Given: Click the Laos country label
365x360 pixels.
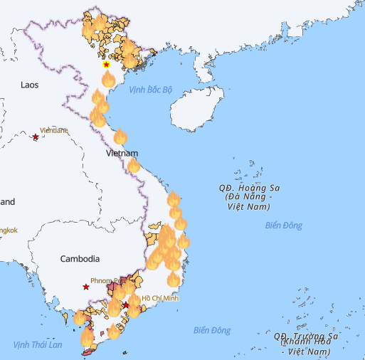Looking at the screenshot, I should pos(29,85).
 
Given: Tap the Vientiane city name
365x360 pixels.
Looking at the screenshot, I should pos(54,130).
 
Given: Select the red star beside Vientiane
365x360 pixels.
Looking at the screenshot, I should pos(36,136).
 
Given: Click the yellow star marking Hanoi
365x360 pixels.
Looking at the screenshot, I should pos(106,65).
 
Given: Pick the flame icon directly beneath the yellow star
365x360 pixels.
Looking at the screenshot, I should pos(107,78).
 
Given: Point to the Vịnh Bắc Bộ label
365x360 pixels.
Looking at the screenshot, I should pos(151,90).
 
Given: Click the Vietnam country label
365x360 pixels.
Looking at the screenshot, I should pos(122,153).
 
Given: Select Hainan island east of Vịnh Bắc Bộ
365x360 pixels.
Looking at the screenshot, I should pos(195,110).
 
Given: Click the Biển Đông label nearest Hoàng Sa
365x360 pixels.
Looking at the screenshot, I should pos(283,226).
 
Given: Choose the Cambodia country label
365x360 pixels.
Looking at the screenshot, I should pos(80,259).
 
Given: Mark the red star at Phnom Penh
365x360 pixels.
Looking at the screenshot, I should pos(86,287).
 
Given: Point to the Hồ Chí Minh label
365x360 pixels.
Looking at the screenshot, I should pos(160,298).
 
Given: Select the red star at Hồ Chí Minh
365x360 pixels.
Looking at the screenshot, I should pos(126,305).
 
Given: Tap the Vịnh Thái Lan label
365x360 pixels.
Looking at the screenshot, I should pos(38,345).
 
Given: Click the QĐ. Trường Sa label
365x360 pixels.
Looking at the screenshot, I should pos(305,336).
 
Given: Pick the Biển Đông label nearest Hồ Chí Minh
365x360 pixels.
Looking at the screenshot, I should pos(212,330).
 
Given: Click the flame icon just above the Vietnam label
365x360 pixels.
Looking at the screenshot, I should pos(120,136).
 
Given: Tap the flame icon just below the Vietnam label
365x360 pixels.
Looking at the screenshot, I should pos(133,165).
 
